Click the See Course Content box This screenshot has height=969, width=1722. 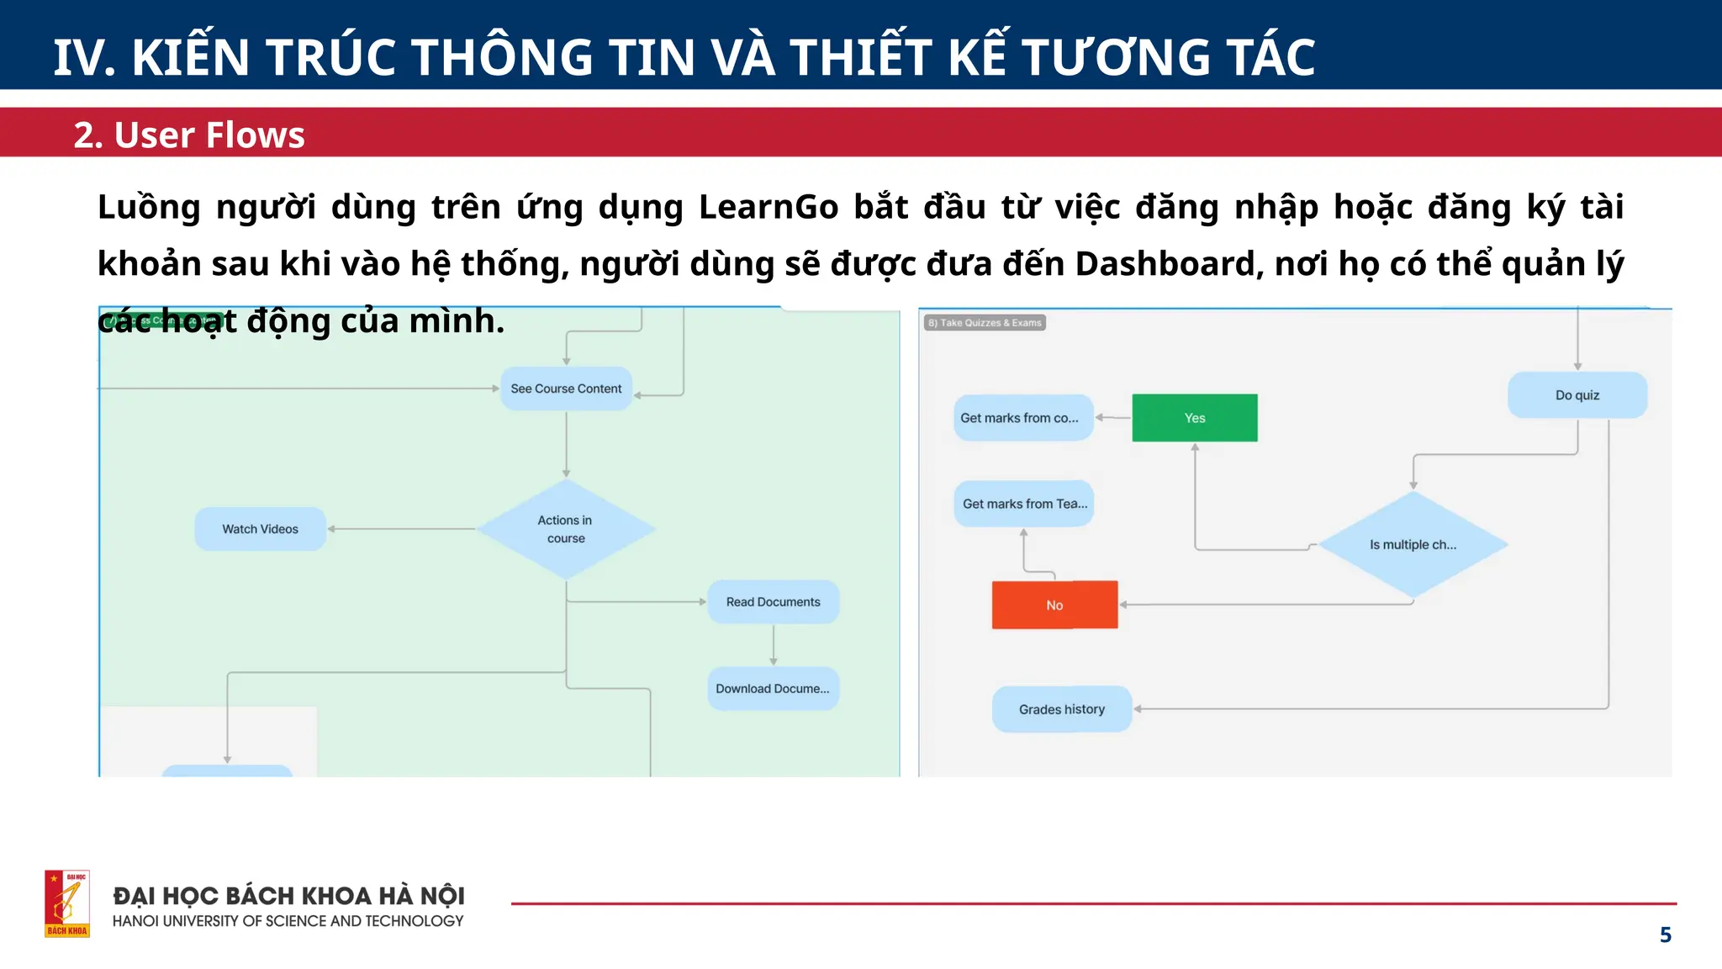point(566,389)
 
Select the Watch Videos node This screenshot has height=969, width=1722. point(260,529)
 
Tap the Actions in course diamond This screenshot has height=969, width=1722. point(566,529)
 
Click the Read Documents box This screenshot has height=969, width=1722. point(773,602)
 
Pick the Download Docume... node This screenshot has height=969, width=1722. point(773,689)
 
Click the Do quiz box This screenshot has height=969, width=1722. point(1577,395)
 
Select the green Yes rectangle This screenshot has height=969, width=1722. point(1195,418)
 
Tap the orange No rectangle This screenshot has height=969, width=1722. point(1054,605)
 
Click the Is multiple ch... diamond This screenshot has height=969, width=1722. point(1413,545)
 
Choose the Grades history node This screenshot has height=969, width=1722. point(1062,709)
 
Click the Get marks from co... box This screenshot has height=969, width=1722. point(1022,418)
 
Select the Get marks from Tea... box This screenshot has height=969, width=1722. point(1023,504)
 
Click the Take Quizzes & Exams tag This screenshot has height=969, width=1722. point(985,323)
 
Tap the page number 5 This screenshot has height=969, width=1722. point(1665,935)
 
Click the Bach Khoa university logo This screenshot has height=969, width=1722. point(67,903)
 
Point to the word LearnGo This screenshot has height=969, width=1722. point(768,207)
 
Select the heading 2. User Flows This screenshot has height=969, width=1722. point(189,135)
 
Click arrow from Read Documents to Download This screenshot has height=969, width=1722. point(773,646)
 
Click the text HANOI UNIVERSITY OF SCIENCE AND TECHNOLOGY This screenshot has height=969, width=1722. point(288,921)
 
